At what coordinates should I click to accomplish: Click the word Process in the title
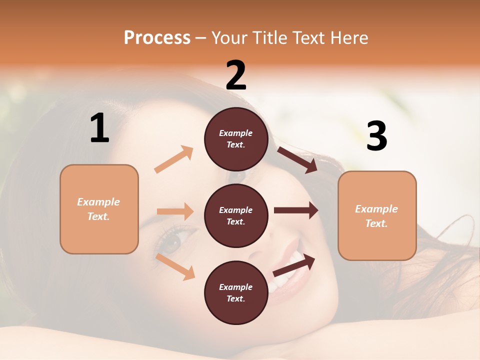click(x=157, y=38)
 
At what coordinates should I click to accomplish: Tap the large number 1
click(x=99, y=128)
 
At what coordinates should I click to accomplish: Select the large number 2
click(x=236, y=75)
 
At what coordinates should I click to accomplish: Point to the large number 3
click(x=376, y=136)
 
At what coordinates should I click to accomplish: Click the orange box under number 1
click(x=99, y=209)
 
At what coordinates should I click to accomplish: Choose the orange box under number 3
click(x=377, y=215)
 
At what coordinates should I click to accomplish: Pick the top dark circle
click(x=236, y=139)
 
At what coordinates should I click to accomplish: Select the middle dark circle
click(x=236, y=215)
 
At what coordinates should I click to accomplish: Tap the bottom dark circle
click(x=236, y=292)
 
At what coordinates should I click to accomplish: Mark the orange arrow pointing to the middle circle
click(x=175, y=211)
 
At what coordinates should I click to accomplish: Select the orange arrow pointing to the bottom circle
click(x=175, y=266)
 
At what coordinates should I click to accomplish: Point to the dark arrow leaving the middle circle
click(x=296, y=210)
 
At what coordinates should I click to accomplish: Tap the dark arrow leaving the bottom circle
click(x=294, y=265)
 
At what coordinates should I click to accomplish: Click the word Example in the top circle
click(x=236, y=133)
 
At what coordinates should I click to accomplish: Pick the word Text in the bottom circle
click(x=235, y=298)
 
